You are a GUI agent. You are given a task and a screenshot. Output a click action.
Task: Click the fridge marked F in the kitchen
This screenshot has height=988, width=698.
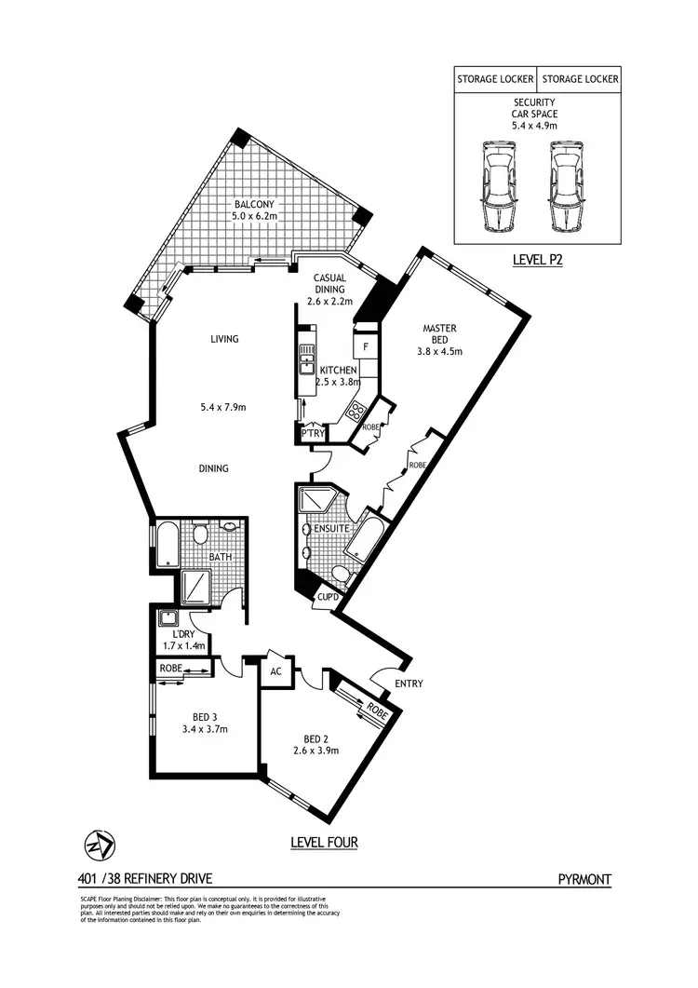pos(367,347)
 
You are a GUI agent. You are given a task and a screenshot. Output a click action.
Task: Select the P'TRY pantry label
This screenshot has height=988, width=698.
pos(311,433)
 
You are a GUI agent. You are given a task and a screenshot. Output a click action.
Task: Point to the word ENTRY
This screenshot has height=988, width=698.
pos(409,683)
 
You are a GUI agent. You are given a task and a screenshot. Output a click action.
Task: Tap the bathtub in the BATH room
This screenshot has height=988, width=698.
pos(166,547)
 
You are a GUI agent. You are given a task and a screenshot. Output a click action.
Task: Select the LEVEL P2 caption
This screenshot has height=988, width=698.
pos(538,260)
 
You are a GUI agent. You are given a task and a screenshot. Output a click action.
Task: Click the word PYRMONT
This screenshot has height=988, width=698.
pos(584,878)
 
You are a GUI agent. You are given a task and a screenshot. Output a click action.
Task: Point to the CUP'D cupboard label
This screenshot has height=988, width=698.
pos(327,597)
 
